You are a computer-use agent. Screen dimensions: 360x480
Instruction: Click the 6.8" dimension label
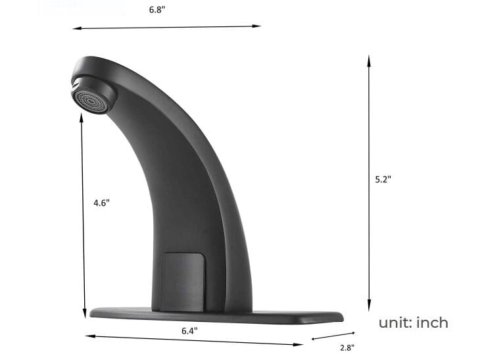tap(156, 9)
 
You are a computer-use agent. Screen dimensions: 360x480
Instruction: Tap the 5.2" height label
tap(383, 178)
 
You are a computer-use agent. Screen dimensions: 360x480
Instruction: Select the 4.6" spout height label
tap(101, 203)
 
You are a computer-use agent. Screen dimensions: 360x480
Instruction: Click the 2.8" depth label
tap(347, 347)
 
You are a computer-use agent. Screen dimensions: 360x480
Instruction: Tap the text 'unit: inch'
tap(413, 322)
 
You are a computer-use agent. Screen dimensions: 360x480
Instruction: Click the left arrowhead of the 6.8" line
tap(75, 28)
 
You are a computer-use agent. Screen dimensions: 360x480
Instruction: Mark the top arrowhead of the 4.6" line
tap(82, 116)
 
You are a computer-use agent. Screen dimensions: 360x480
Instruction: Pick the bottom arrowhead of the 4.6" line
tap(84, 314)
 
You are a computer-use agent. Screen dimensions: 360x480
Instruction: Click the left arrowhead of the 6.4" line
tap(89, 336)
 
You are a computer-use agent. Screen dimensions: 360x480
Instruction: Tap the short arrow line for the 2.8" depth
tap(333, 336)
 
